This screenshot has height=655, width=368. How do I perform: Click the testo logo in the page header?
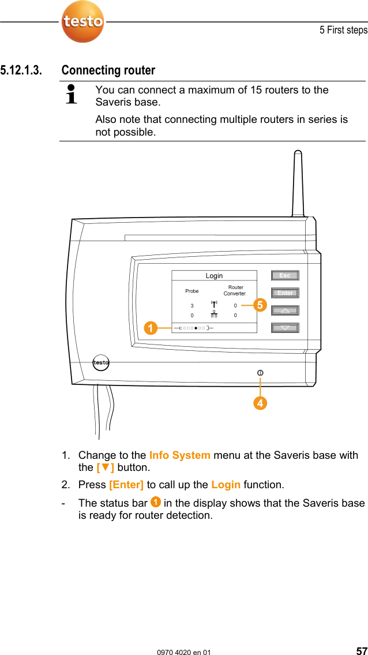tap(83, 22)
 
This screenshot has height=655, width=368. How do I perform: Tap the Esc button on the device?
tap(285, 275)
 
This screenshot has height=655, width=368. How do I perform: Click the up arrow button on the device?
tap(285, 310)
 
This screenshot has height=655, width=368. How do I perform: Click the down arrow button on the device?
tap(285, 328)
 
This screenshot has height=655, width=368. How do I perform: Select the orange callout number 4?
tap(261, 403)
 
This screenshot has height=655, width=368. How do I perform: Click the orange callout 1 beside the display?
tap(151, 328)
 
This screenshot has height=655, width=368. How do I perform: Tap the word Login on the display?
tap(214, 276)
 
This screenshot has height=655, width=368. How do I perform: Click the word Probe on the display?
tap(192, 291)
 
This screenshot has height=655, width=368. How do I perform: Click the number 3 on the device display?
tap(192, 306)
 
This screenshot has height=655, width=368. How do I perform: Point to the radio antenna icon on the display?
tap(214, 305)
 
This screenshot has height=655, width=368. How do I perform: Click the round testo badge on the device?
tap(101, 362)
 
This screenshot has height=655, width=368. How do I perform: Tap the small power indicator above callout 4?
tap(261, 373)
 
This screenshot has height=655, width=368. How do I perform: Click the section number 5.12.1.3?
tap(21, 70)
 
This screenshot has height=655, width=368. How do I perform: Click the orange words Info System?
tap(179, 455)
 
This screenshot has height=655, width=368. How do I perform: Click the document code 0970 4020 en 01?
tap(184, 652)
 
